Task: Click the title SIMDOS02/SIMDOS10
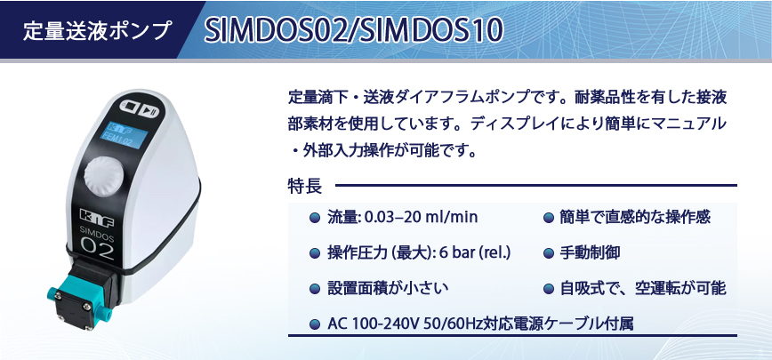point(353,31)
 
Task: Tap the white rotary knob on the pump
point(103,176)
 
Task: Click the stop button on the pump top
point(131,107)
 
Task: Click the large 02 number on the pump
point(97,248)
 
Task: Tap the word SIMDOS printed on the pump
point(97,233)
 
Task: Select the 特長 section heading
point(305,187)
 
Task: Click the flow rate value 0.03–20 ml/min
point(421,217)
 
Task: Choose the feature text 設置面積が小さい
point(388,289)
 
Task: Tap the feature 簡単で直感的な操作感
point(635,217)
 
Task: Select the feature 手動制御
point(590,252)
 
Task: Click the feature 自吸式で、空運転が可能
point(643,289)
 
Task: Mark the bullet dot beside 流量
point(315,218)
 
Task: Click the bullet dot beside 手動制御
point(549,253)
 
